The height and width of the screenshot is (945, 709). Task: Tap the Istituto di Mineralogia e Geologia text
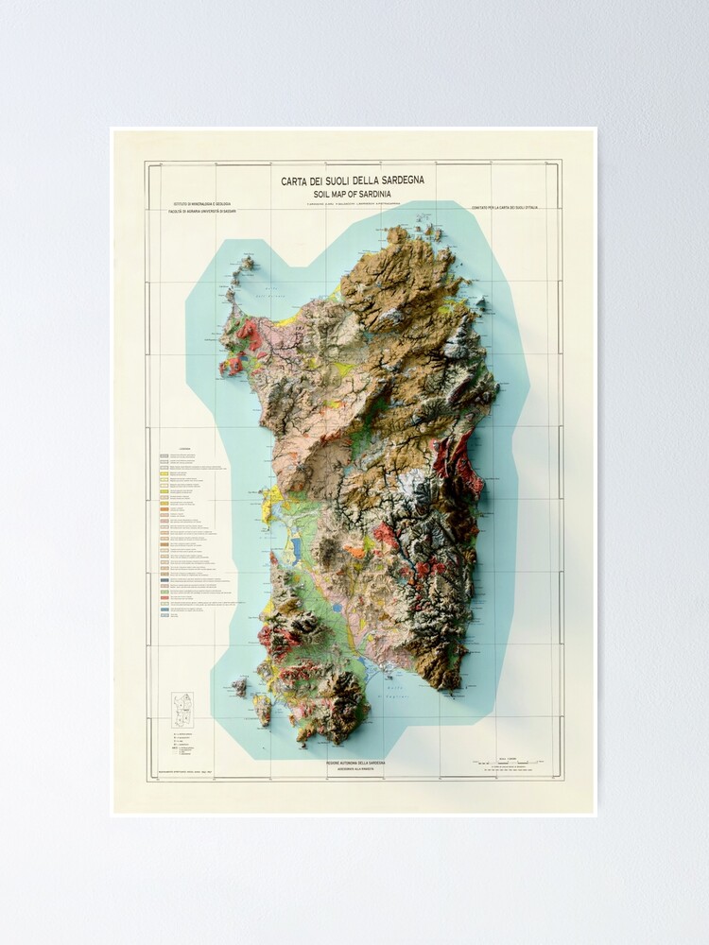click(200, 204)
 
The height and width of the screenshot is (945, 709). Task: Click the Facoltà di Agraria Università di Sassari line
click(203, 212)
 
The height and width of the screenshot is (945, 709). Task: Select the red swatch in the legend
click(164, 597)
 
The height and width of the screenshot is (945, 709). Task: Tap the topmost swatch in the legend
click(164, 455)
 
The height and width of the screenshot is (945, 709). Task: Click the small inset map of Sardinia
click(181, 710)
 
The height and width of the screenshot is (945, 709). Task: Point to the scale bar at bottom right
click(510, 764)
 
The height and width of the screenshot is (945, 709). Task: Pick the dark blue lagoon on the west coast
click(296, 545)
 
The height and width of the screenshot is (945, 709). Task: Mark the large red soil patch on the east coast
click(464, 463)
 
